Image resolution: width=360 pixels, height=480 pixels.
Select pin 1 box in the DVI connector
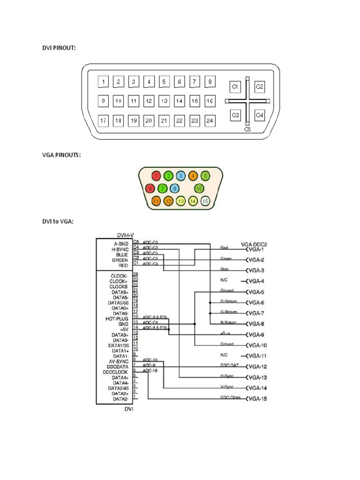point(103,82)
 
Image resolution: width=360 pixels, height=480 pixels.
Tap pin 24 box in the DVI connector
point(210,120)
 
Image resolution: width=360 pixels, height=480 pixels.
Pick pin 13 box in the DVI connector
point(164,101)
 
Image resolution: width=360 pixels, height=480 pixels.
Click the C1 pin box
point(235,87)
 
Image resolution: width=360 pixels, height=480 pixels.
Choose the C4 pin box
point(260,115)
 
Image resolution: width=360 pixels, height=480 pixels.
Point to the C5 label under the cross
point(247,129)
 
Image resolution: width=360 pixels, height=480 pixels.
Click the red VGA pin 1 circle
point(157,176)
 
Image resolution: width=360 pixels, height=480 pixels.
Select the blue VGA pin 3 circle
point(180,176)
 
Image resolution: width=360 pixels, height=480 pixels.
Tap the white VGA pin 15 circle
point(205,202)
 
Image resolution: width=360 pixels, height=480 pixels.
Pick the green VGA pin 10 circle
point(199,188)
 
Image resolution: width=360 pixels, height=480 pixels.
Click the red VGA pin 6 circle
point(150,188)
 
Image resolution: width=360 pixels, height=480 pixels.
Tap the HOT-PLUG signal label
point(118,318)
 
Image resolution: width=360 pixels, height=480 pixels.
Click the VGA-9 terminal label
point(256,335)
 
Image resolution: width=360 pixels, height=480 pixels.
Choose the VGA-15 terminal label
point(257,399)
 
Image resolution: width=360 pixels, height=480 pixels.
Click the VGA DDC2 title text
point(254,244)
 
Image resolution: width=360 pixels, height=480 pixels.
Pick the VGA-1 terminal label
point(256,249)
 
